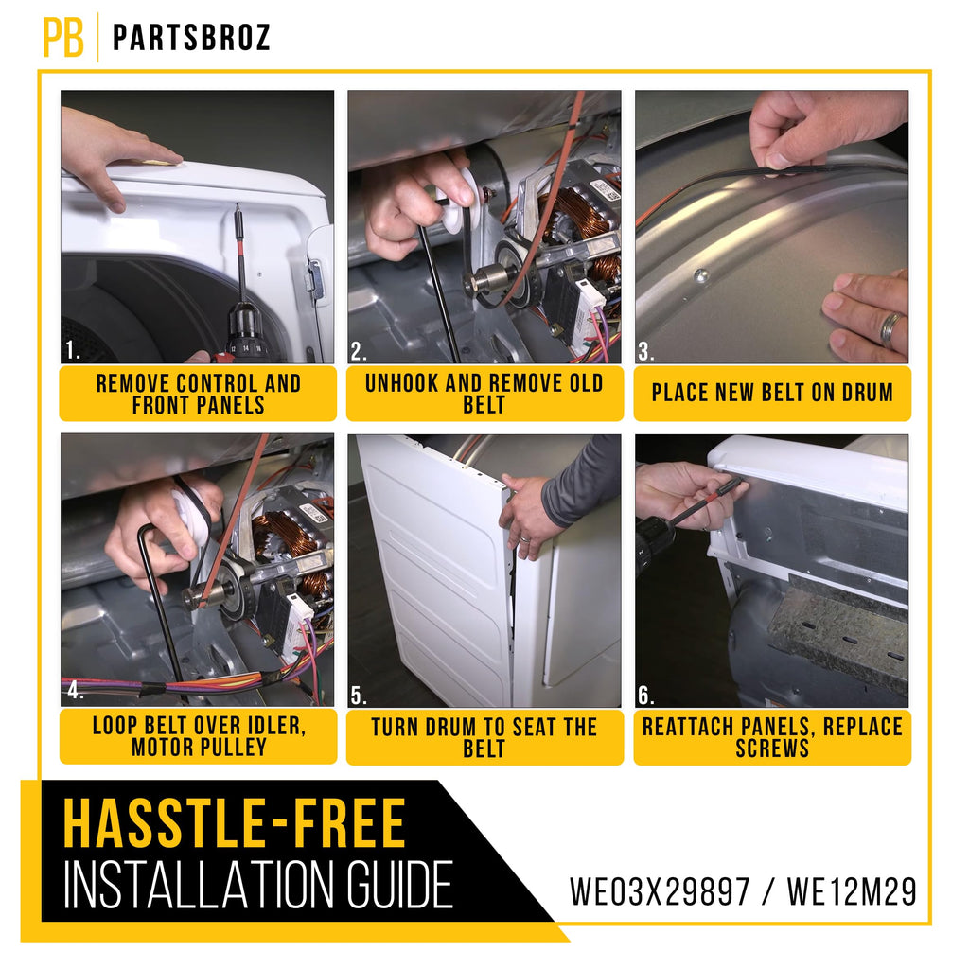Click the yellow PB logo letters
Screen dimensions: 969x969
coord(63,37)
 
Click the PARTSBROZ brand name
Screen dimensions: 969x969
coord(191,38)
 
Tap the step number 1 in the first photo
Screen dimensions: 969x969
coord(72,350)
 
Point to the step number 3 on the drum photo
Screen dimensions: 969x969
coord(645,351)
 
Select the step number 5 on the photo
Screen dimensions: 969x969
coord(359,696)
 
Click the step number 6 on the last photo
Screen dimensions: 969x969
coord(645,696)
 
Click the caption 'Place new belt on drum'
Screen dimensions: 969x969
coord(772,393)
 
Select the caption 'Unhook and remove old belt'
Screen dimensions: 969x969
coord(484,394)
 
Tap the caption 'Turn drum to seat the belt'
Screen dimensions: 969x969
coord(484,737)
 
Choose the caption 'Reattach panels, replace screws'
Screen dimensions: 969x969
coord(772,737)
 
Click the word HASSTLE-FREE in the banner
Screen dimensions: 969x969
coord(235,824)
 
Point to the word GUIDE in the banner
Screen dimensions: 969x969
coord(399,886)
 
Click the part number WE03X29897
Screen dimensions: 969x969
coord(660,891)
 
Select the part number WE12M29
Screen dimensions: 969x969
coord(852,891)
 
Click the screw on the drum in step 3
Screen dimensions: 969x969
coord(700,274)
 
